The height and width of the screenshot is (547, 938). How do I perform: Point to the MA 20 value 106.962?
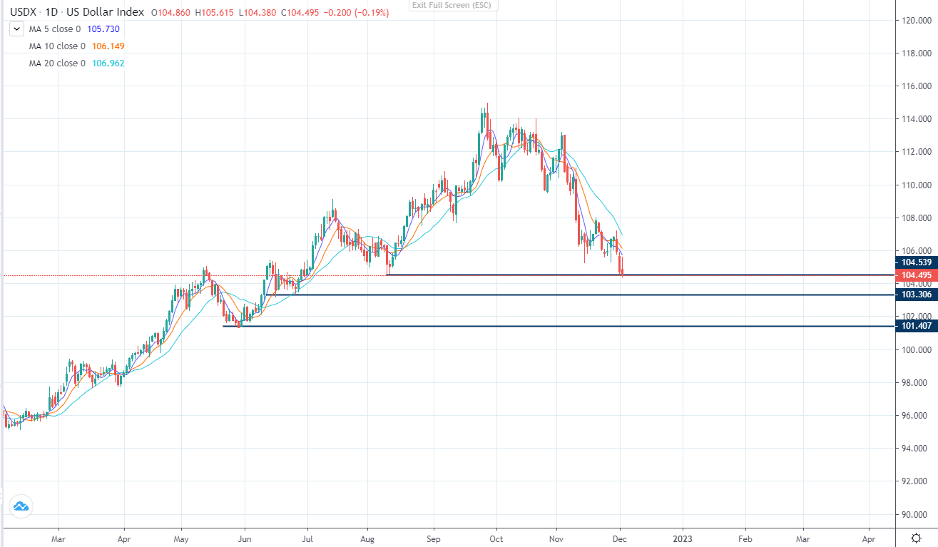click(110, 63)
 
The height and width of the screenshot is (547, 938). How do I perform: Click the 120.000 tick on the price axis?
click(916, 20)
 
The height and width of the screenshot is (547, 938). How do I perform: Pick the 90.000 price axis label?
click(915, 514)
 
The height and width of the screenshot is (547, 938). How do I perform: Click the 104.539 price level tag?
click(916, 262)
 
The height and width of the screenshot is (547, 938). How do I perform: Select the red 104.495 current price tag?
click(916, 275)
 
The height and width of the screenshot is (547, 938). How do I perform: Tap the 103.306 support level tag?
click(916, 294)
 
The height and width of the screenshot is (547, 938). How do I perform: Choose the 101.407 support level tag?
click(916, 326)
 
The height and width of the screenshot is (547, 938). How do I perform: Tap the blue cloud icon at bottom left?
click(20, 506)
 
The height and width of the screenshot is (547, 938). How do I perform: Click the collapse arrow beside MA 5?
click(16, 29)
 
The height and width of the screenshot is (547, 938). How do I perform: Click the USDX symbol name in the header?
click(23, 12)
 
